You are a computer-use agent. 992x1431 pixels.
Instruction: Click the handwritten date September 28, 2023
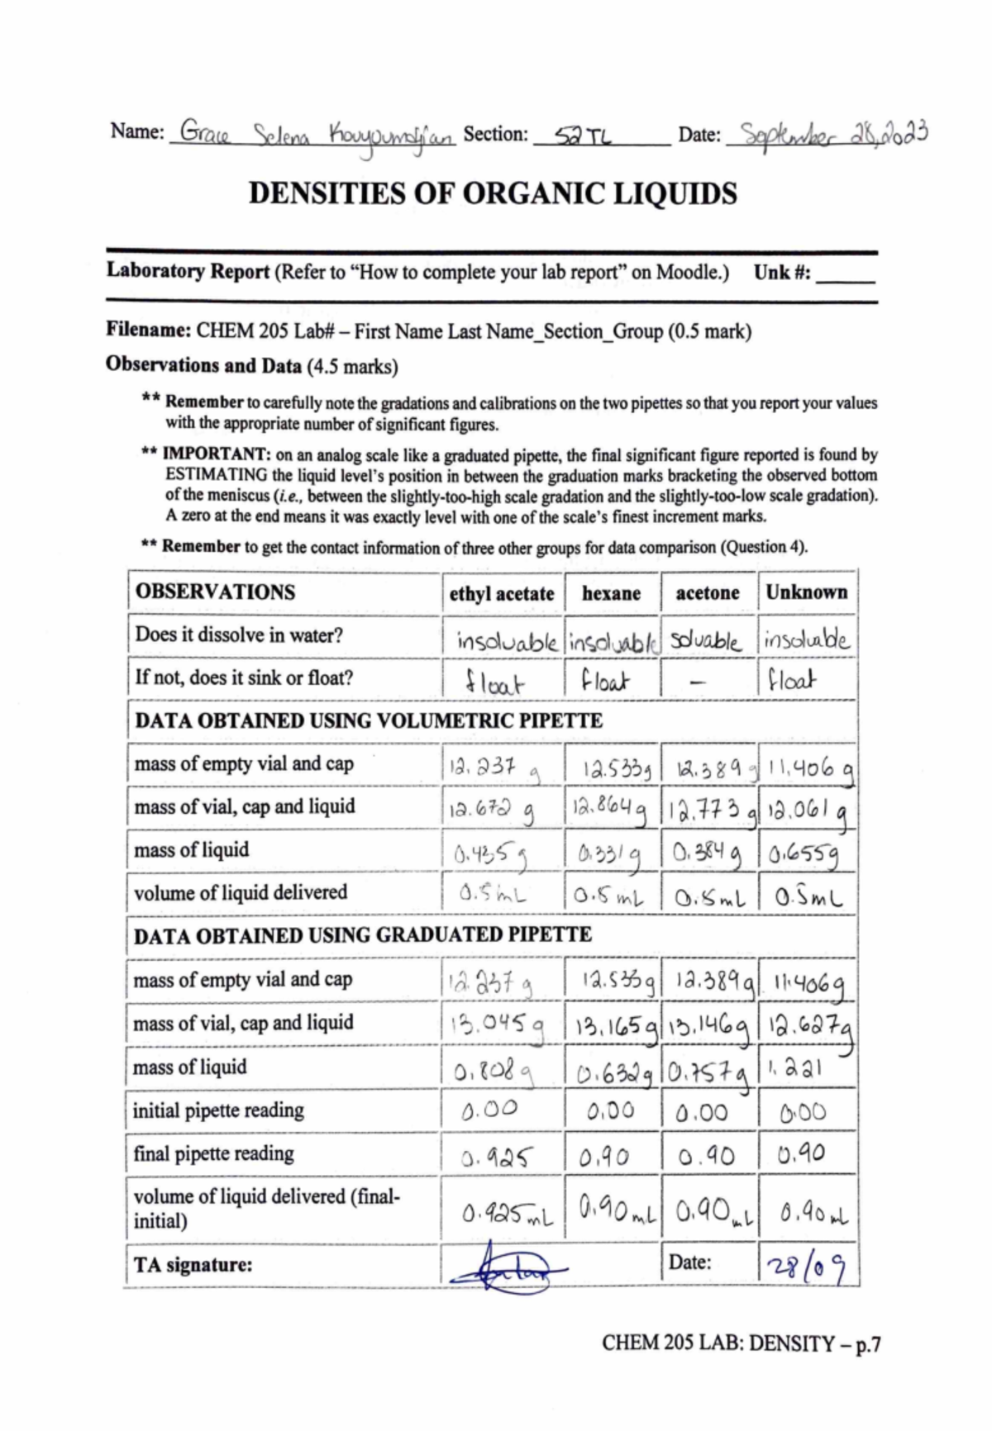(833, 135)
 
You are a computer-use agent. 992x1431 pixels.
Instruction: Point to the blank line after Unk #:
(845, 275)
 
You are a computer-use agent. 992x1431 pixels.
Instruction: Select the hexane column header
(611, 593)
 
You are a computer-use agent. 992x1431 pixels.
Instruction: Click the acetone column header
(708, 593)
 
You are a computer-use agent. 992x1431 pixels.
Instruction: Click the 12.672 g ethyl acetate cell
(491, 811)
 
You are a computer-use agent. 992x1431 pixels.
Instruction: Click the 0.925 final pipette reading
(497, 1158)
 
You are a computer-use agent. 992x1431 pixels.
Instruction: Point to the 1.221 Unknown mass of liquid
(794, 1068)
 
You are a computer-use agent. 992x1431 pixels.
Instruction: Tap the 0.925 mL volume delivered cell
(507, 1214)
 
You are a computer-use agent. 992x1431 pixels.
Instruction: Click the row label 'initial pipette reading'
(218, 1110)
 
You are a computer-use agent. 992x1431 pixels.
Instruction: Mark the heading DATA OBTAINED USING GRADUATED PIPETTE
(363, 935)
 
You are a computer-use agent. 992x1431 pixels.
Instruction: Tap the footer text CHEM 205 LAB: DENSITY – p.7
(741, 1344)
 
